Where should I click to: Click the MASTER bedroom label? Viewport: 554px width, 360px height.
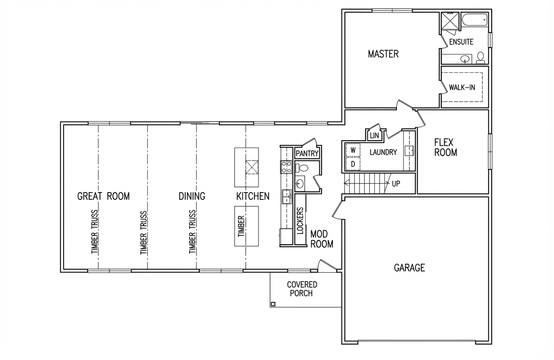click(383, 54)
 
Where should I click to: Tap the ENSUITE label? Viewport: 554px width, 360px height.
click(461, 42)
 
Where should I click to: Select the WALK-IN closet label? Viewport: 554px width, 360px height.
click(462, 87)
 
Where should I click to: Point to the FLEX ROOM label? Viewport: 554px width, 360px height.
click(446, 148)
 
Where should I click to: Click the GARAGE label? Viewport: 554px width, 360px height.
click(409, 268)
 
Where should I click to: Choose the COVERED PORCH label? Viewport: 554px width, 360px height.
click(302, 289)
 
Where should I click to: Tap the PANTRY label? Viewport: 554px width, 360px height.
click(307, 154)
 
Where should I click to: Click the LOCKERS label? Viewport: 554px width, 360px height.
click(300, 221)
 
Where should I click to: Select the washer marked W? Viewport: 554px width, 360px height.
click(353, 150)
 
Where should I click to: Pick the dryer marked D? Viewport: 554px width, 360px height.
click(353, 164)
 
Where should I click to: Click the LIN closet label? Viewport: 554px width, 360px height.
click(374, 135)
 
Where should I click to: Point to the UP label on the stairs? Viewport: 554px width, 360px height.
click(396, 184)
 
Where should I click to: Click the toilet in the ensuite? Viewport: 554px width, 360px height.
click(480, 58)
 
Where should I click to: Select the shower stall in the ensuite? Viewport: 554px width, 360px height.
click(450, 21)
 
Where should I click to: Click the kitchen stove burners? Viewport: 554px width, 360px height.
click(286, 167)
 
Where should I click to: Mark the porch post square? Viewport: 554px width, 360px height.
click(273, 304)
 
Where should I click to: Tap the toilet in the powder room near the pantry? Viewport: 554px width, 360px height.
click(302, 168)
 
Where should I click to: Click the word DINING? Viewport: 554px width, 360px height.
click(192, 196)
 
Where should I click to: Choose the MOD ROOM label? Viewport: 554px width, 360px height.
click(322, 239)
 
